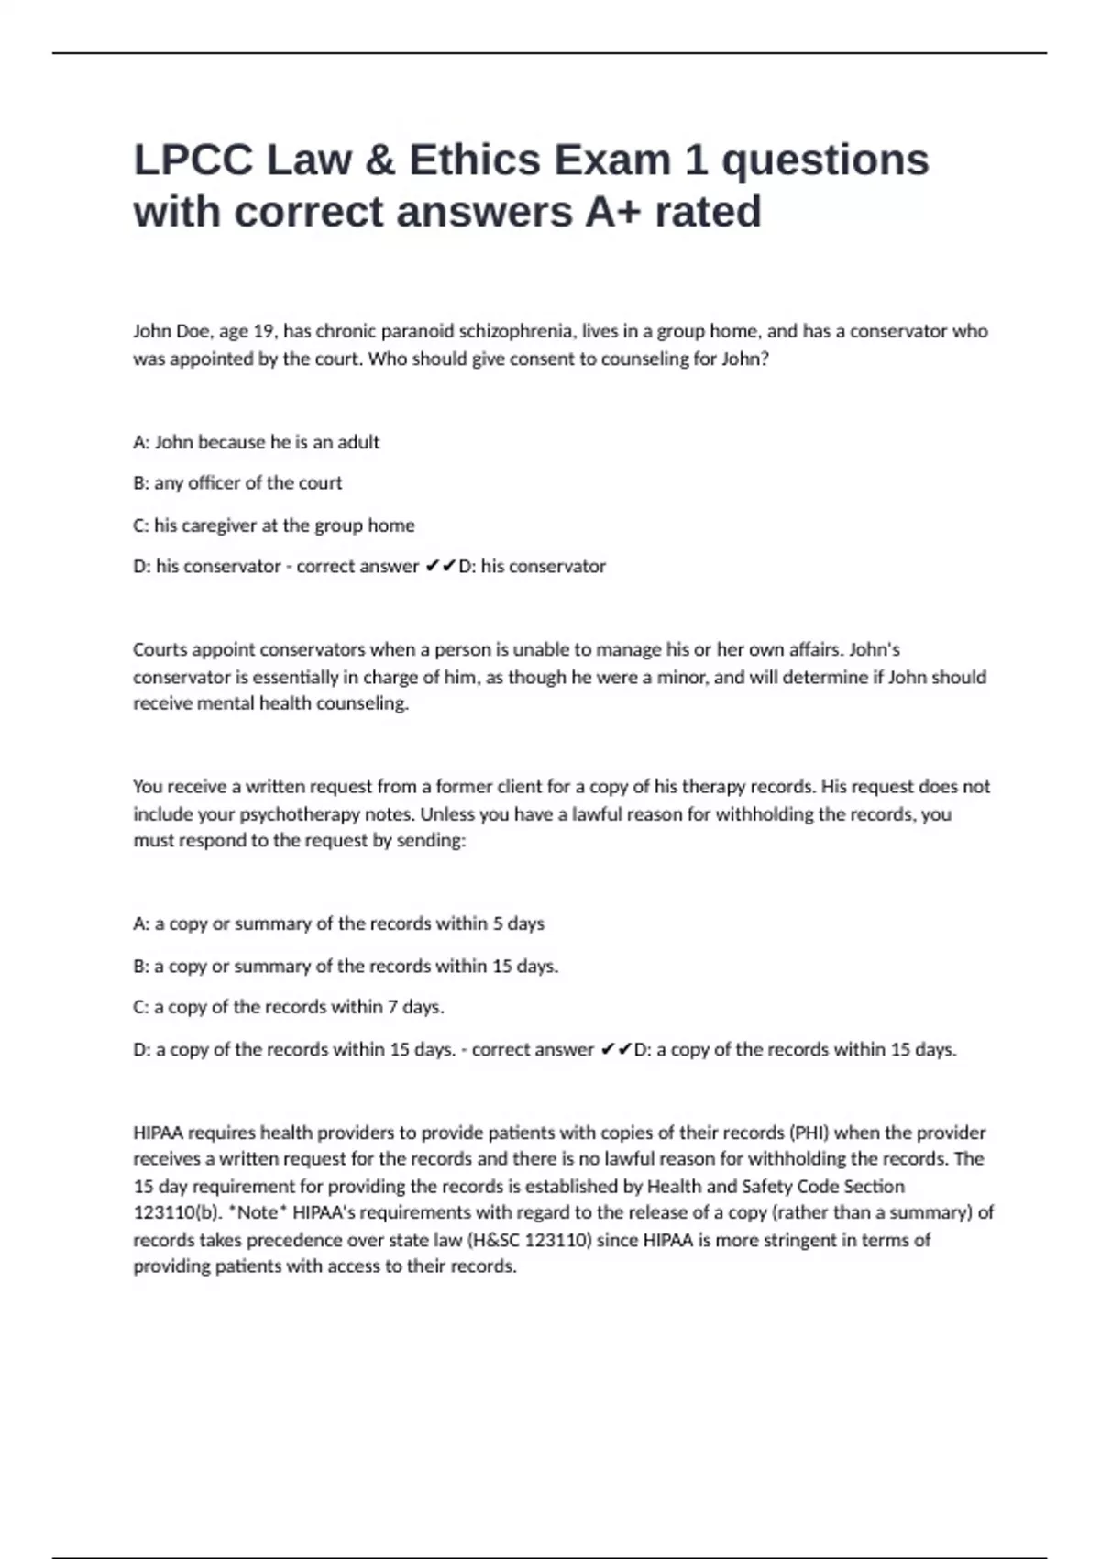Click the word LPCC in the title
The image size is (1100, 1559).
pos(193,160)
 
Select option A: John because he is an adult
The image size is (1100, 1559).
pos(256,442)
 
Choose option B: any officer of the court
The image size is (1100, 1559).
pos(237,483)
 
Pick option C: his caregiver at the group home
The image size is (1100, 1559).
pos(273,525)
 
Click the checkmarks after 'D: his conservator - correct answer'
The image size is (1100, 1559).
pos(440,567)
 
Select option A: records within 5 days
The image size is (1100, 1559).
pos(338,924)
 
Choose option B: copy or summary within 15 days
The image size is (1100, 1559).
pos(346,967)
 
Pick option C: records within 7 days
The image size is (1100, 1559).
pos(289,1007)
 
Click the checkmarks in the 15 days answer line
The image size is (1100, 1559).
pos(616,1049)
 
